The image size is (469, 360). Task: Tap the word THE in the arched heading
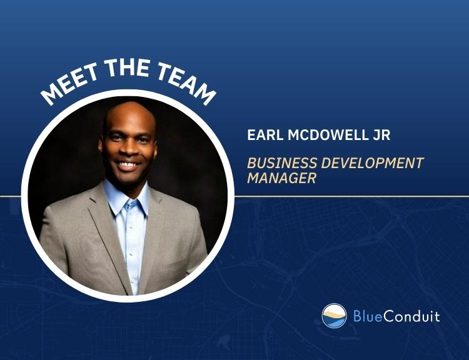[128, 69]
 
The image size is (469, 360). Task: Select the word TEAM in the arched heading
[186, 82]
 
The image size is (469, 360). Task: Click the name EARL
[265, 135]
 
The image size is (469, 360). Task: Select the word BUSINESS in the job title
[282, 163]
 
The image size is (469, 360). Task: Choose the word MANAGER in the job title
[282, 178]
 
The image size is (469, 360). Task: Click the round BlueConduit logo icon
[334, 316]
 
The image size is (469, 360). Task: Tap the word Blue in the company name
[368, 316]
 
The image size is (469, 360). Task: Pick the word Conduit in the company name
[411, 316]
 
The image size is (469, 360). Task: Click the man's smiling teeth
[128, 164]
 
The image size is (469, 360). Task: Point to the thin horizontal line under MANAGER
[351, 196]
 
